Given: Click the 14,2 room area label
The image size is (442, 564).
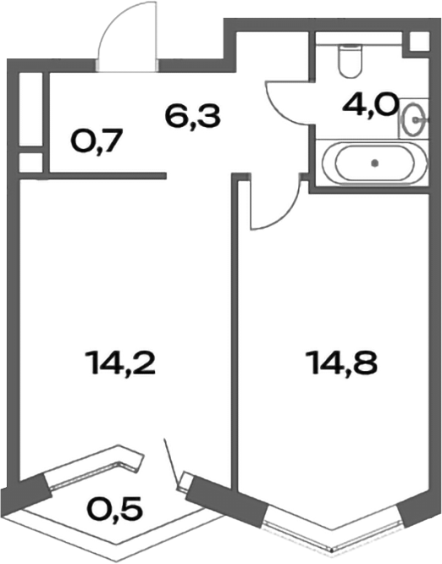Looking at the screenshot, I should (122, 365).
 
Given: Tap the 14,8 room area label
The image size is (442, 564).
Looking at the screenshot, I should (340, 365).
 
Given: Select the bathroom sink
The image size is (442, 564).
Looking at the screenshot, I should (415, 119).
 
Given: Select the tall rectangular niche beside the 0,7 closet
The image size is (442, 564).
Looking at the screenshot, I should (30, 108).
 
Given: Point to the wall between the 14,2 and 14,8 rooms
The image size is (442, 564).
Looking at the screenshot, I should (234, 339).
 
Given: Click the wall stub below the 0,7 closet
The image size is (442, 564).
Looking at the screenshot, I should (102, 176).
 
